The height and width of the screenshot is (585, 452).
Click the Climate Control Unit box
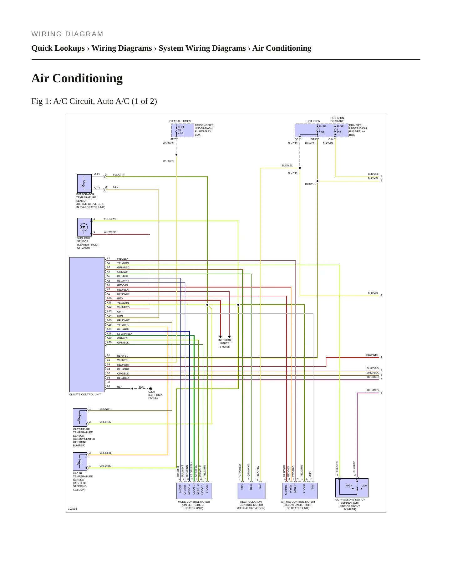(87, 324)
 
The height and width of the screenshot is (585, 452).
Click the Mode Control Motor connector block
(194, 491)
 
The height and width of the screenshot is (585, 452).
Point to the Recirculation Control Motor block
(251, 491)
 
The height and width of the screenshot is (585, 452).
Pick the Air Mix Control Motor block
(300, 491)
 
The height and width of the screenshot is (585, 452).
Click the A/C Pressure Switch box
(352, 488)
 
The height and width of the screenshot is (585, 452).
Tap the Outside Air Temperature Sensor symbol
(80, 417)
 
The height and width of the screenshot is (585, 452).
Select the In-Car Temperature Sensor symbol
(80, 461)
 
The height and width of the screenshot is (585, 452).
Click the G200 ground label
(151, 392)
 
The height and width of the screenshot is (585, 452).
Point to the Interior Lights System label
(225, 343)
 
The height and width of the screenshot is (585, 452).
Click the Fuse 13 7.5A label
(181, 130)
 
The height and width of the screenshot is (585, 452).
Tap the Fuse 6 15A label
(340, 129)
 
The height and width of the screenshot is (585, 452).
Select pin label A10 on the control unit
(109, 298)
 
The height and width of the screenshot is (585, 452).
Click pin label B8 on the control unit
(109, 386)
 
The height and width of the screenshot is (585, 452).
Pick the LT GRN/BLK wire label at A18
(125, 334)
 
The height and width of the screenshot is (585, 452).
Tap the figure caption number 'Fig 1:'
(41, 101)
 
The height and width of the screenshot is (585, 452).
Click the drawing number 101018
(73, 509)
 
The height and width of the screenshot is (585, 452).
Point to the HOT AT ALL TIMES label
(179, 121)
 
